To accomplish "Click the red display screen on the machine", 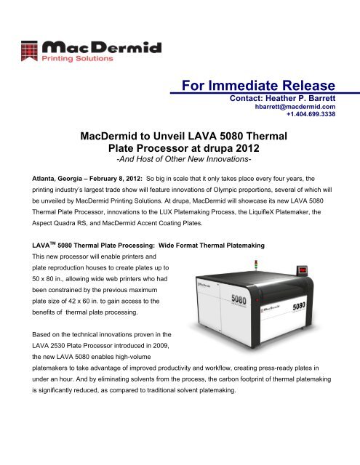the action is [x=302, y=271].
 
